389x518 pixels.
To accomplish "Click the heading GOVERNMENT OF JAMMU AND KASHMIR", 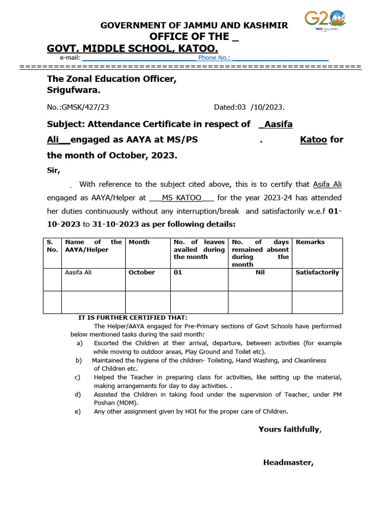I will click(x=194, y=25).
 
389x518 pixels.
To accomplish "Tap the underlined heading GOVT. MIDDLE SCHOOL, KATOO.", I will click(x=133, y=49).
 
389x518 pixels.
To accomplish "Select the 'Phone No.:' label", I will click(x=214, y=58).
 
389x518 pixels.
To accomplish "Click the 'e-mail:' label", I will click(x=70, y=58).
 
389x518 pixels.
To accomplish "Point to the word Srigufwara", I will click(x=73, y=91).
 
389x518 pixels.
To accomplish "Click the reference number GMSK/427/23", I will click(x=78, y=107).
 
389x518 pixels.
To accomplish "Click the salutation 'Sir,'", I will click(x=54, y=170).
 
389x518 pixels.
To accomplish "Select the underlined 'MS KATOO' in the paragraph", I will click(x=182, y=198).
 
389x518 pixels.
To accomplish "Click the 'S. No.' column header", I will click(x=52, y=246).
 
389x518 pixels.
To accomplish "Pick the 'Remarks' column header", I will click(x=310, y=242).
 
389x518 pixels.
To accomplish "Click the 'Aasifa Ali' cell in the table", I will click(x=79, y=273).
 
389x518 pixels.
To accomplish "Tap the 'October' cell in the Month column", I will click(x=142, y=273).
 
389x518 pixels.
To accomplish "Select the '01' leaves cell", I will click(x=178, y=273).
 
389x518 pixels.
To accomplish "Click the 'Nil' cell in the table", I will click(x=260, y=273).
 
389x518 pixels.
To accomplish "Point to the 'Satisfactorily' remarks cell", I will click(x=317, y=273).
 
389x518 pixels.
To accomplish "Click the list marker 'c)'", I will click(x=78, y=377).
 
